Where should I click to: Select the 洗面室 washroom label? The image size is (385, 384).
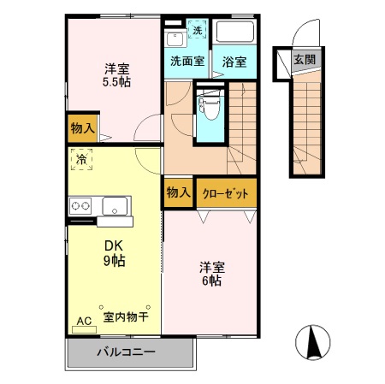[x=186, y=62]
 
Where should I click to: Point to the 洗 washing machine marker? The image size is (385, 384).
[x=198, y=30]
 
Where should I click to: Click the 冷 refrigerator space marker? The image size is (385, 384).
[x=81, y=158]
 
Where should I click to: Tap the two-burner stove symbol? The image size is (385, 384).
[x=81, y=205]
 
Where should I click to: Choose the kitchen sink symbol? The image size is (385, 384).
[x=115, y=205]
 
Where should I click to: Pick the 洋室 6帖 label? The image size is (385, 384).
[x=212, y=272]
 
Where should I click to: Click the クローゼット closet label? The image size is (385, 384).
[x=226, y=193]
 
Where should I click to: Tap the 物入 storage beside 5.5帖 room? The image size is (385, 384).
[x=82, y=128]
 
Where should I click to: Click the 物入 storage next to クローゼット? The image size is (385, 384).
[x=178, y=192]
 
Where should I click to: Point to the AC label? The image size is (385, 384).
[x=84, y=321]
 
